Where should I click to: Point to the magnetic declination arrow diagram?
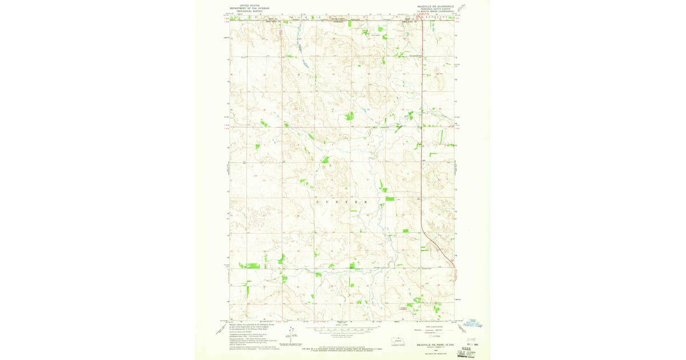(x=292, y=331)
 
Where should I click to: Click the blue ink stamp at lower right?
(x=473, y=323)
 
